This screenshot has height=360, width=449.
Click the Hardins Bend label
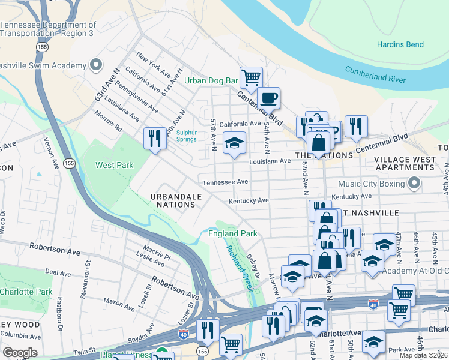[400, 44]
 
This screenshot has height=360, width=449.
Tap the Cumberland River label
[375, 75]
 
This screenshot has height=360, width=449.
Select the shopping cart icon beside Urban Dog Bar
[251, 77]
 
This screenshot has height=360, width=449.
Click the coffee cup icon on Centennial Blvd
[268, 97]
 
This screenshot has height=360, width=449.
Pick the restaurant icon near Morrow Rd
[154, 138]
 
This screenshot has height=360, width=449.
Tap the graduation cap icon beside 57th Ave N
[234, 143]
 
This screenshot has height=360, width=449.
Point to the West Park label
[114, 165]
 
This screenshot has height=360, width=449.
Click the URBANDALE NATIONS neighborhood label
[173, 200]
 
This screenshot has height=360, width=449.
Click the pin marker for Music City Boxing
[413, 182]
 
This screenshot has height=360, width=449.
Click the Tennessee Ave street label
[225, 182]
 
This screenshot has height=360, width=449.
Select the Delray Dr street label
[253, 266]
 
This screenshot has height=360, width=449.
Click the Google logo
[20, 353]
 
